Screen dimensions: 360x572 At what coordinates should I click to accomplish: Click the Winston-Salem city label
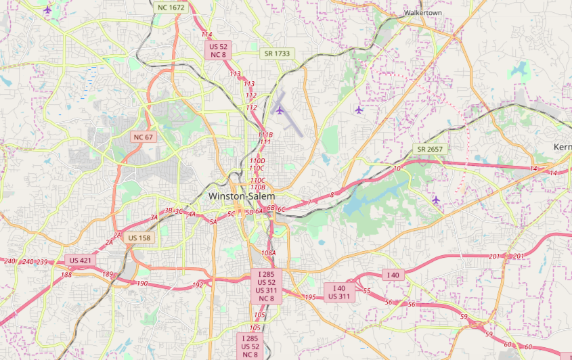(x=242, y=196)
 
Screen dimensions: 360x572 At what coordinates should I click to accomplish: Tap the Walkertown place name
(x=423, y=12)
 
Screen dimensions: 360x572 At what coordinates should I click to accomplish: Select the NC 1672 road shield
(x=171, y=7)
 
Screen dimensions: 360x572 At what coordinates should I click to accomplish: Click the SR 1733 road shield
(x=278, y=53)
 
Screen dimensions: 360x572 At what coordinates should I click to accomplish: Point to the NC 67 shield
(x=144, y=137)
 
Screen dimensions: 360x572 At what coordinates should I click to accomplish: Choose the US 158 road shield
(x=139, y=238)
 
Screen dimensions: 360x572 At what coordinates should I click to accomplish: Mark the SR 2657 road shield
(x=430, y=149)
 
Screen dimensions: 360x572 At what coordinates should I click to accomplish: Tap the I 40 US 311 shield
(x=340, y=292)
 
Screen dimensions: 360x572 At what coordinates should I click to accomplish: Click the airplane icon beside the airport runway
(x=279, y=110)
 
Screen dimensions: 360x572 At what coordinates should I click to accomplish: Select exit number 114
(x=206, y=34)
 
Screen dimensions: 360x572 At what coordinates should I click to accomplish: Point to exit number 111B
(x=265, y=135)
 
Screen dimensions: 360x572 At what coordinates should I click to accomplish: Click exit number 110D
(x=257, y=160)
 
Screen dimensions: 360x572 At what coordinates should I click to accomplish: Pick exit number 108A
(x=268, y=253)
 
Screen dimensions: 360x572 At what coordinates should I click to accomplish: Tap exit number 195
(x=310, y=297)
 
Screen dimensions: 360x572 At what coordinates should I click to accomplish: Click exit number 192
(x=198, y=285)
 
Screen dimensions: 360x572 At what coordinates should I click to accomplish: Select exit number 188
(x=66, y=275)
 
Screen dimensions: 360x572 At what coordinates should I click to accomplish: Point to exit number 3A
(x=154, y=217)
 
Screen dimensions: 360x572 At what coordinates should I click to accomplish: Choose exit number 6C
(x=282, y=209)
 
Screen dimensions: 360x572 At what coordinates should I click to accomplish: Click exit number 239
(x=42, y=262)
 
